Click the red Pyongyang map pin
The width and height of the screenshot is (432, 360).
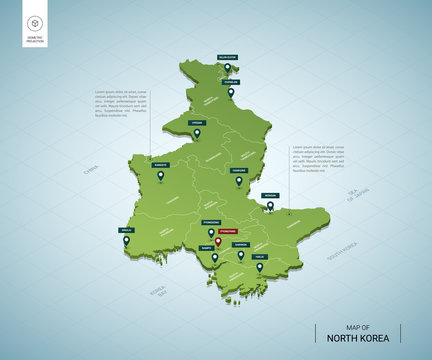[218, 241]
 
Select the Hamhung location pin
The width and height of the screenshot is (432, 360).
[238, 182]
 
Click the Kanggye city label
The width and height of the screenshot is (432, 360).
[162, 166]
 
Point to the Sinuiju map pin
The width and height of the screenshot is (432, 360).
[126, 240]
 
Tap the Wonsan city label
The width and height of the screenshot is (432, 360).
[270, 196]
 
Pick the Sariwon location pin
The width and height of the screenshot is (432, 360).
[241, 254]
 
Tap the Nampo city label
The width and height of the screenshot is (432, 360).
[206, 246]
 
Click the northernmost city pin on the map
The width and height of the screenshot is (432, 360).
[227, 68]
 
